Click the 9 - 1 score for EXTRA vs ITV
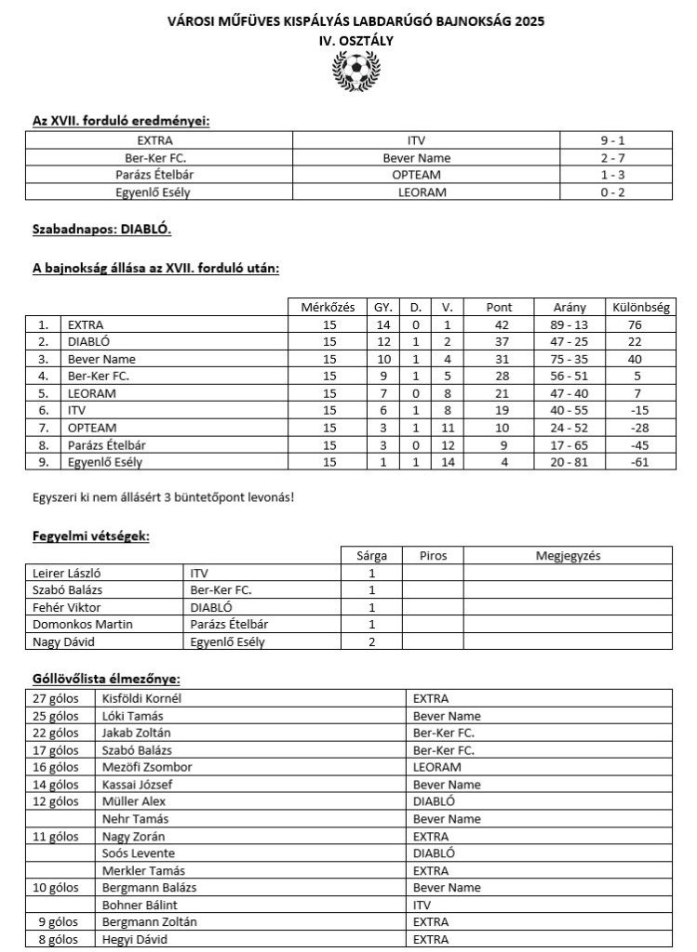point(618,141)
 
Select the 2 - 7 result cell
point(618,158)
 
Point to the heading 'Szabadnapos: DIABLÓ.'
point(101,229)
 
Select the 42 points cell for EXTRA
point(500,325)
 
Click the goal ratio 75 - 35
point(569,360)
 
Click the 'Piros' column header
point(433,556)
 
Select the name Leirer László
point(70,574)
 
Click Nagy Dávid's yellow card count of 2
point(371,642)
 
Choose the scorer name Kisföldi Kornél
point(141,699)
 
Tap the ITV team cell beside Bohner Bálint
point(422,905)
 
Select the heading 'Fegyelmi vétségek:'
point(90,536)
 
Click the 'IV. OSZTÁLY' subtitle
point(355,41)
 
